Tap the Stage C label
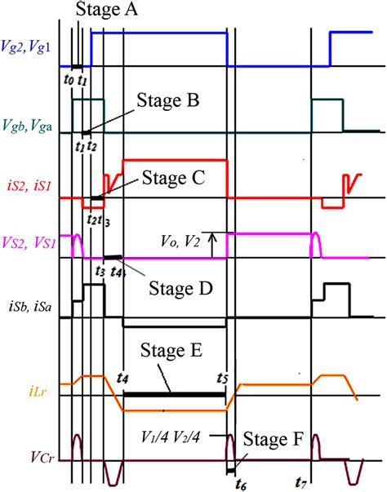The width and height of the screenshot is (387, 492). pos(173,177)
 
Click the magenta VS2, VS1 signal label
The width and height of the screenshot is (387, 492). pos(27,245)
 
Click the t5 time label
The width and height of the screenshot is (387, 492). pos(223,378)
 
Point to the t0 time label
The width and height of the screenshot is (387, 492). pos(69,81)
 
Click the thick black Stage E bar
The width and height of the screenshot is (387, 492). pos(174,394)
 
